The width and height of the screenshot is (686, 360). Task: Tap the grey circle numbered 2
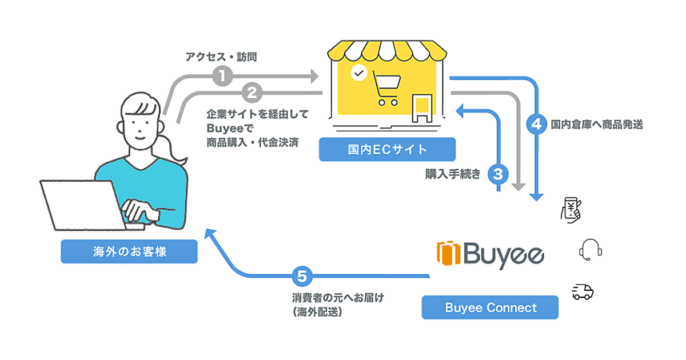pos(252,92)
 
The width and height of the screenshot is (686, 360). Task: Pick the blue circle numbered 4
pos(536,124)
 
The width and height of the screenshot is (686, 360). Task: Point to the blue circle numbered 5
pos(301,277)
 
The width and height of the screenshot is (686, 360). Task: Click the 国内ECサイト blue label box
pos(387,150)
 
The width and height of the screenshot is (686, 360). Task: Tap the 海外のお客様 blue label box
pos(129,251)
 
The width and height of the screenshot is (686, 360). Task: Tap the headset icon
pos(591,249)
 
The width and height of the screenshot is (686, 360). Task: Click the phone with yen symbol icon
pos(572,209)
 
